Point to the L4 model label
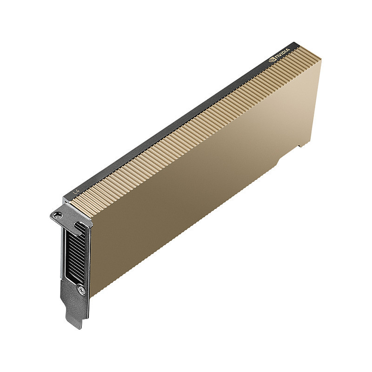click(x=76, y=191)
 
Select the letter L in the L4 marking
click(x=74, y=192)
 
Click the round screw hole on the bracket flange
click(x=57, y=214)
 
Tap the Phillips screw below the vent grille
click(x=81, y=289)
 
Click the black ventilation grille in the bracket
click(x=75, y=255)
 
